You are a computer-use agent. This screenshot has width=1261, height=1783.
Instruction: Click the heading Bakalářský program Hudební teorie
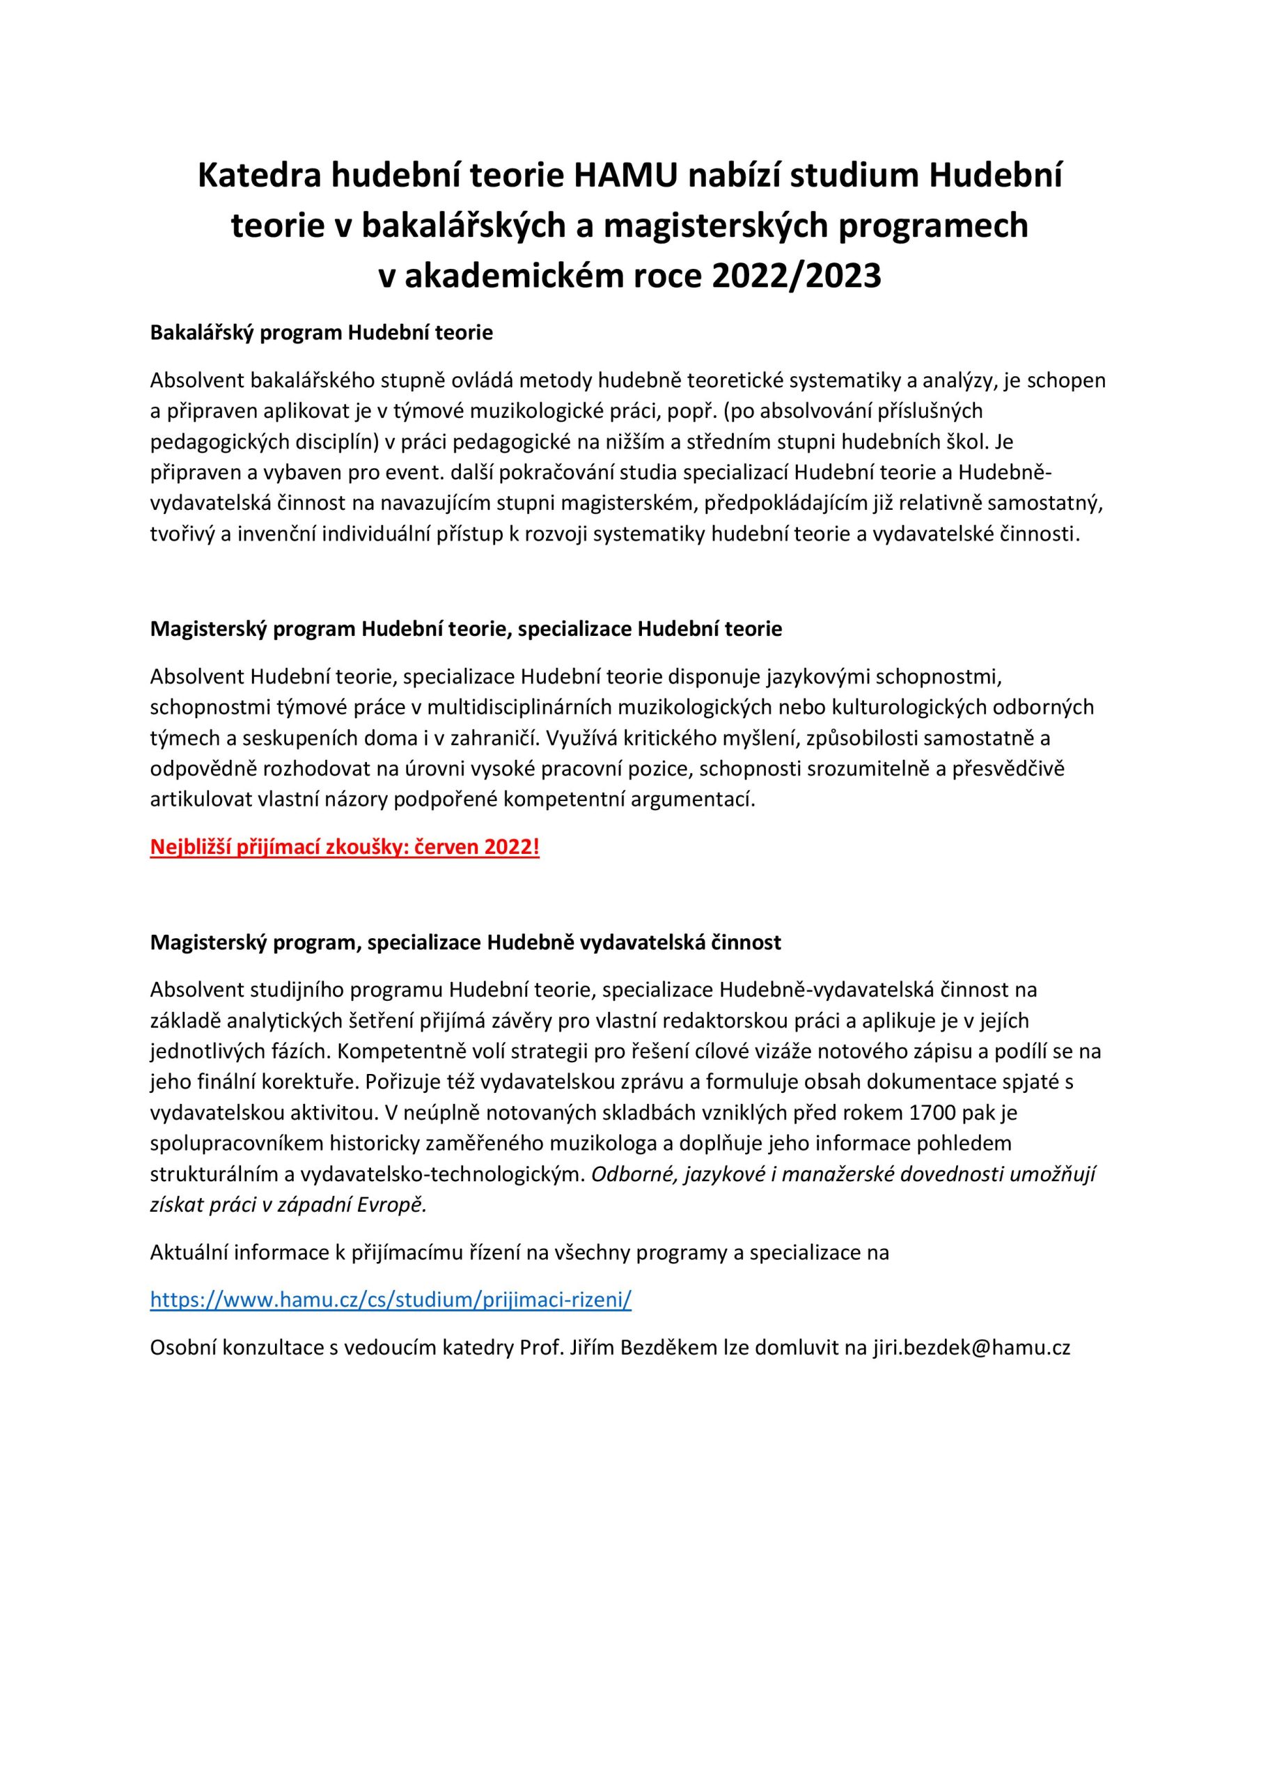coord(322,333)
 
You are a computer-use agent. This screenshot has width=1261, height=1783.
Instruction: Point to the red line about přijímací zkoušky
coord(344,846)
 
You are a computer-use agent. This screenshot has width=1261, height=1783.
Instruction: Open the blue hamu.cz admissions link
coord(391,1300)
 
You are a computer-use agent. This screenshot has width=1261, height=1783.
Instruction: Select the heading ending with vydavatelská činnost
coord(465,942)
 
